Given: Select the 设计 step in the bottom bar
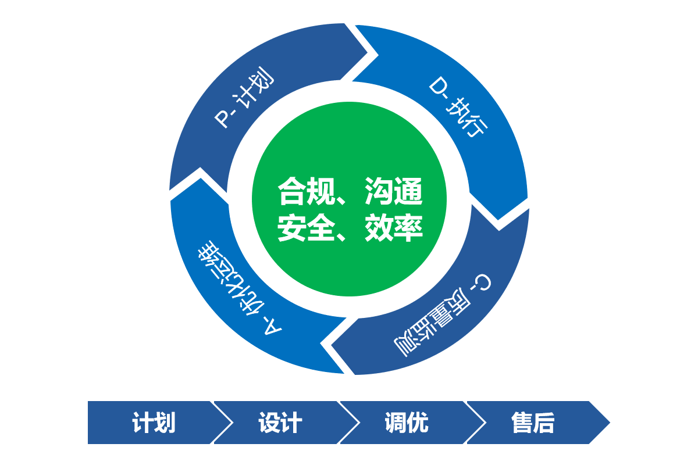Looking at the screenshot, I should tap(280, 423).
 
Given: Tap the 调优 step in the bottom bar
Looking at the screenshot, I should tap(407, 423).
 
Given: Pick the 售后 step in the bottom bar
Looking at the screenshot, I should tap(533, 423).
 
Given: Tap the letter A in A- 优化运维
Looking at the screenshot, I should tap(273, 328).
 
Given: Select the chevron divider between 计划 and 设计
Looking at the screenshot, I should tap(220, 423).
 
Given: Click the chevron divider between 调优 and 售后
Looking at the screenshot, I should tap(473, 423).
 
